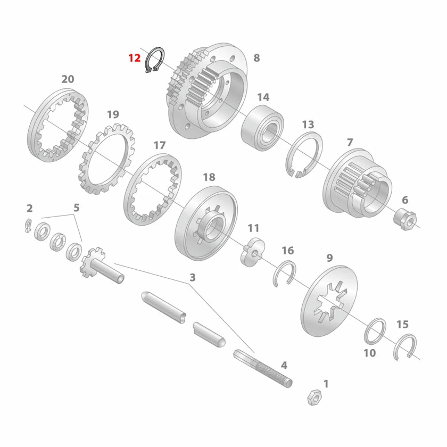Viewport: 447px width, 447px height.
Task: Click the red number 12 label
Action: pyautogui.click(x=134, y=58)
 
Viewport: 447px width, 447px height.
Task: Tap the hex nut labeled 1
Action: pyautogui.click(x=314, y=396)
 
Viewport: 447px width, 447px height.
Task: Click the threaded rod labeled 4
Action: pyautogui.click(x=262, y=368)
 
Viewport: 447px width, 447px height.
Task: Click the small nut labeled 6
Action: pyautogui.click(x=405, y=219)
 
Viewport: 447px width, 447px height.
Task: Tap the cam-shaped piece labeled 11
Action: pyautogui.click(x=253, y=252)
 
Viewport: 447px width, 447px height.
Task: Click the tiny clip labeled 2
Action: pyautogui.click(x=28, y=225)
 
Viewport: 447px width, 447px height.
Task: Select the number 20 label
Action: pyautogui.click(x=68, y=79)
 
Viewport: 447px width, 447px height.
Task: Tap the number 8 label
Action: pyautogui.click(x=256, y=58)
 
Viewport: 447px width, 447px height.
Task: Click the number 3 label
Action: pyautogui.click(x=193, y=277)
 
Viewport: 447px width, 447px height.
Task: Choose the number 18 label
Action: pyautogui.click(x=209, y=177)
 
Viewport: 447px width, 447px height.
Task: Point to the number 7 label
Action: pyautogui.click(x=350, y=142)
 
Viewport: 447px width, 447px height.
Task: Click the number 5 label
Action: pyautogui.click(x=77, y=208)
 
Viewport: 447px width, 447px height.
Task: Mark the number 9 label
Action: pyautogui.click(x=329, y=258)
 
